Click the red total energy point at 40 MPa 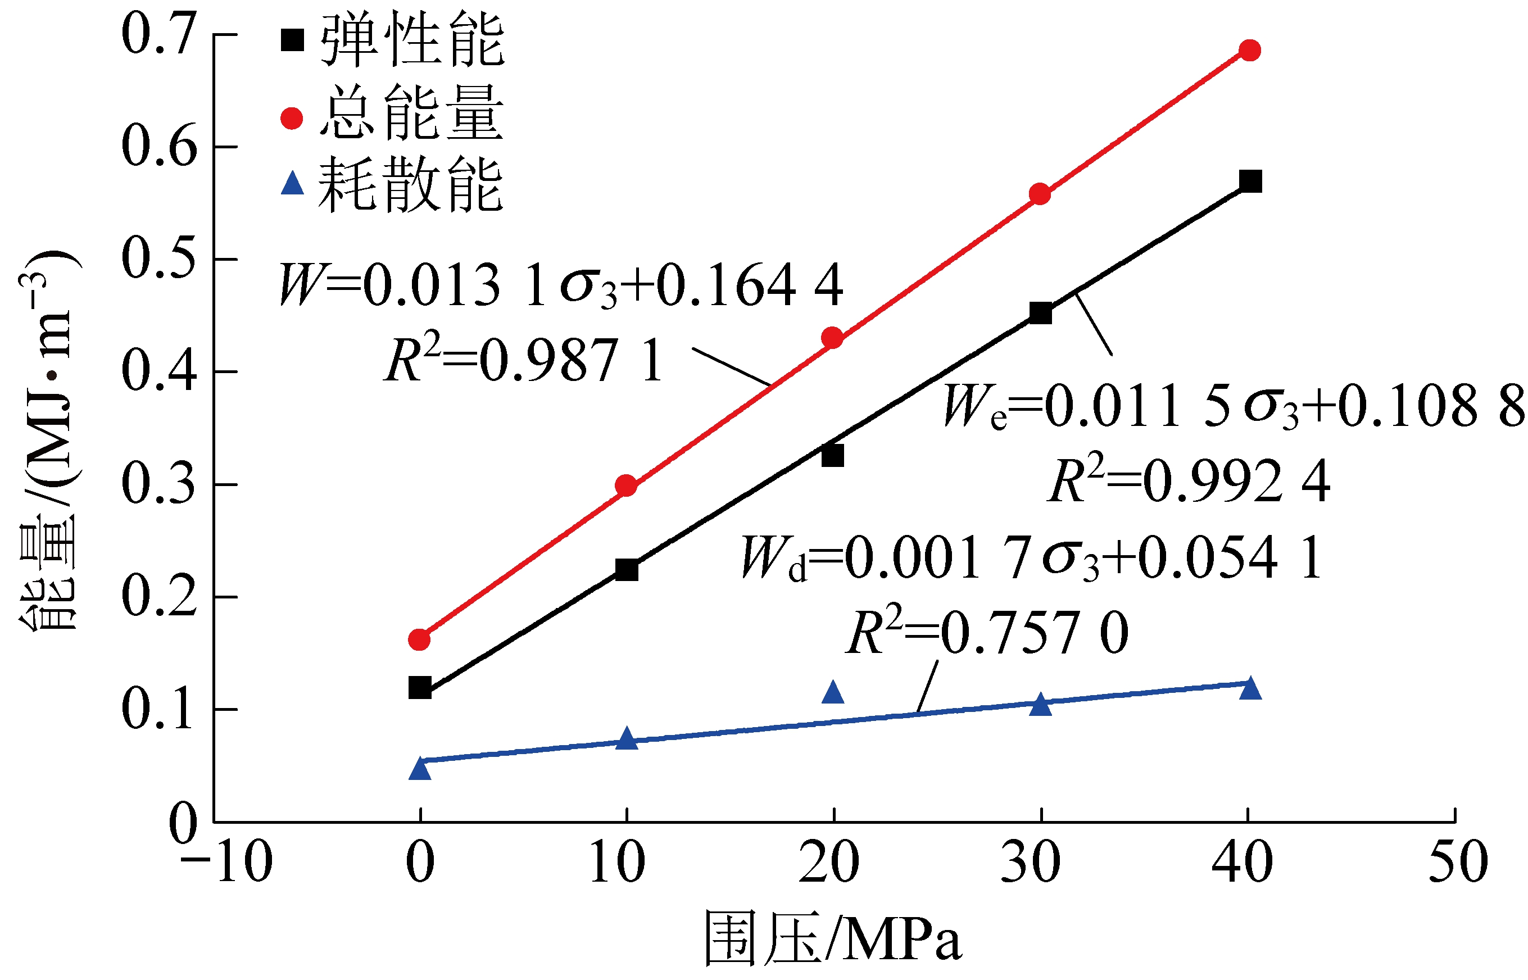[x=1250, y=50]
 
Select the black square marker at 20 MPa [x=832, y=456]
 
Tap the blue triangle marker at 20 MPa [x=832, y=692]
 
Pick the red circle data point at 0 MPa [x=419, y=639]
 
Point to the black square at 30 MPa [x=1040, y=313]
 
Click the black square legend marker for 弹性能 [x=292, y=40]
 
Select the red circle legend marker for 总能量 [x=292, y=118]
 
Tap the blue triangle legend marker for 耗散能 [x=292, y=184]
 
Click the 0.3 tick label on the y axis [x=158, y=484]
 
